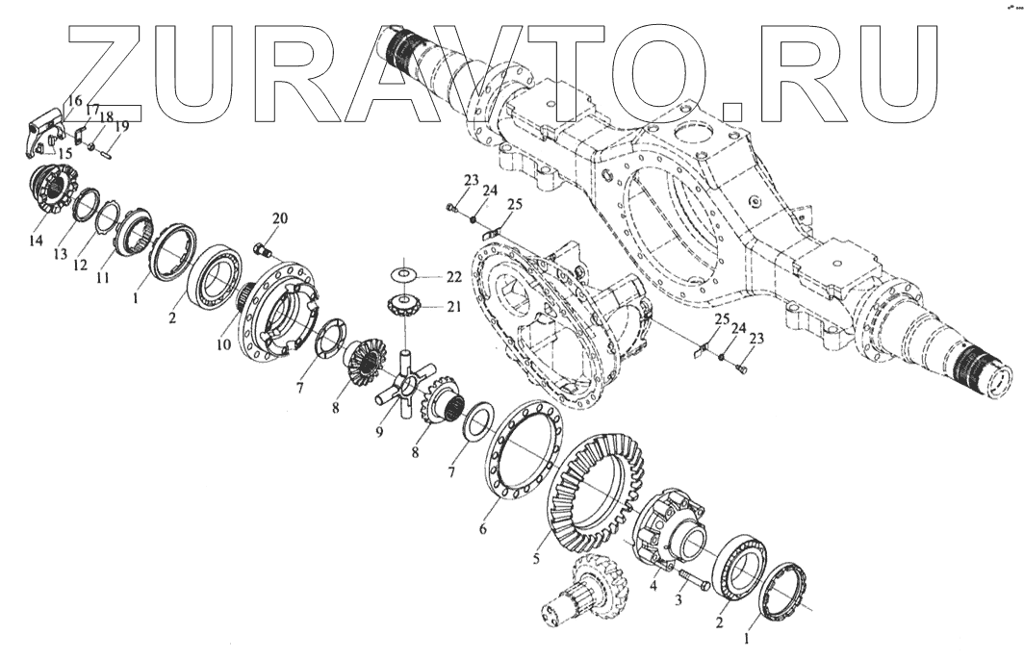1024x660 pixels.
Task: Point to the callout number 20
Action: (x=279, y=219)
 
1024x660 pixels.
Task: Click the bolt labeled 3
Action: (x=691, y=580)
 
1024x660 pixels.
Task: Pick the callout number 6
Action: (x=483, y=528)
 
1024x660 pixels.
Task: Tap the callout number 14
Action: (x=36, y=240)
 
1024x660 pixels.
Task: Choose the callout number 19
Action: (x=122, y=126)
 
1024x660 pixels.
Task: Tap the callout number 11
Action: (x=102, y=277)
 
